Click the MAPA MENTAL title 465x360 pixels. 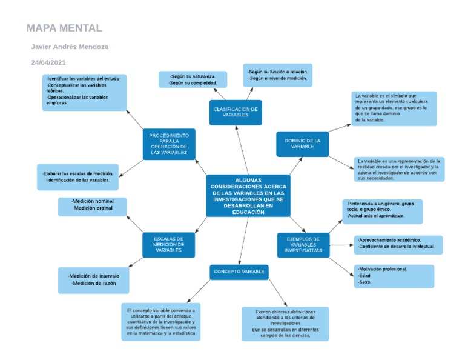[64, 28]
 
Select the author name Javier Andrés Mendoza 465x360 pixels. [70, 47]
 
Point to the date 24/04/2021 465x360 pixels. [48, 62]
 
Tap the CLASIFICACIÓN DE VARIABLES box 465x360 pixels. [236, 112]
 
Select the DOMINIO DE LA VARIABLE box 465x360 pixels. [302, 144]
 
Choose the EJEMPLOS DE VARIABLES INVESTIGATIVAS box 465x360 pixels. [303, 245]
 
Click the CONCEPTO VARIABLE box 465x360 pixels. [239, 272]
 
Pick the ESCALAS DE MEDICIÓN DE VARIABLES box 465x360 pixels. [168, 244]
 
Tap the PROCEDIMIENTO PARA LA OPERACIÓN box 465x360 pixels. [168, 144]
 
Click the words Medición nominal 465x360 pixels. [92, 201]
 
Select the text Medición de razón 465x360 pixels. [92, 283]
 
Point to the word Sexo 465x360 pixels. [364, 282]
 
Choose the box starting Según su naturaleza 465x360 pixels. [193, 79]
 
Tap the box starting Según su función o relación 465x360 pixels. [278, 75]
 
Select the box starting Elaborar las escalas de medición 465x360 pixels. [77, 177]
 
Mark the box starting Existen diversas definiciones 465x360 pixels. [285, 323]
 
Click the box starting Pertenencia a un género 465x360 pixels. [382, 211]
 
